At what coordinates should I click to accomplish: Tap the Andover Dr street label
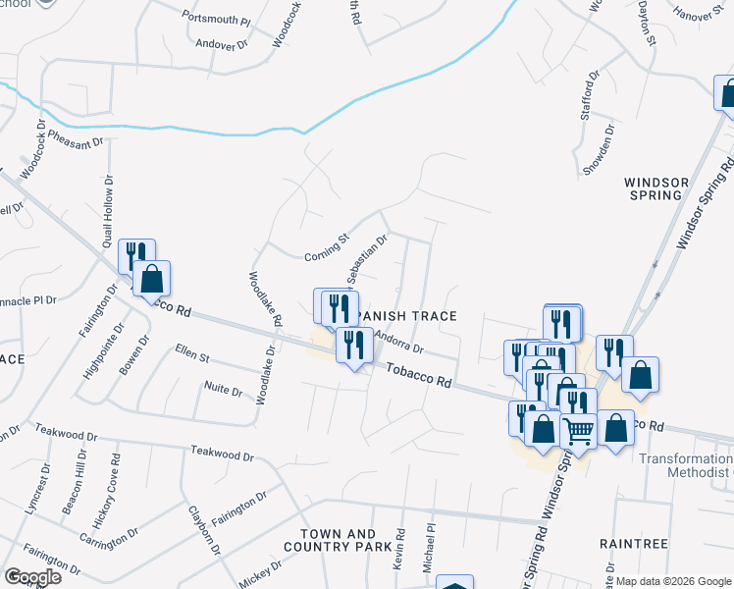pyautogui.click(x=223, y=45)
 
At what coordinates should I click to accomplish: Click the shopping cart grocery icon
pyautogui.click(x=578, y=430)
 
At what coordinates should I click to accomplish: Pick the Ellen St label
pyautogui.click(x=193, y=350)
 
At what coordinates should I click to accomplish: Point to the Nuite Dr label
pyautogui.click(x=223, y=390)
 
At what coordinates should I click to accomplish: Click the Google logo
pyautogui.click(x=32, y=577)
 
